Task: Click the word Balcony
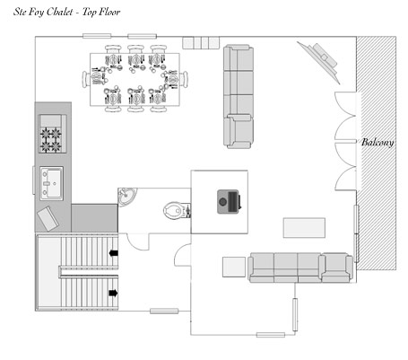click(x=378, y=143)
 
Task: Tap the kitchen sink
click(x=51, y=183)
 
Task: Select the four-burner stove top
click(x=51, y=134)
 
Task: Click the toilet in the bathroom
click(x=177, y=210)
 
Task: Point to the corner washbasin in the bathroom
click(x=126, y=197)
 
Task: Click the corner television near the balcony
click(x=321, y=62)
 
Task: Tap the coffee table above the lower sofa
click(x=304, y=228)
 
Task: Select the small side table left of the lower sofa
click(x=234, y=267)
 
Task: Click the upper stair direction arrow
click(x=114, y=253)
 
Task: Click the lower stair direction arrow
click(x=114, y=293)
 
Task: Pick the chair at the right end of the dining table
click(x=185, y=79)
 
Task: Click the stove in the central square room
click(x=229, y=202)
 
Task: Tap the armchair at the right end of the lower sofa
click(x=336, y=268)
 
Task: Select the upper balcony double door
click(x=346, y=116)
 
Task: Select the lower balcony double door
click(x=346, y=166)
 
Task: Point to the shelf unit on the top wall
click(x=201, y=42)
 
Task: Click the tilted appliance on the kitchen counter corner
click(x=48, y=218)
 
